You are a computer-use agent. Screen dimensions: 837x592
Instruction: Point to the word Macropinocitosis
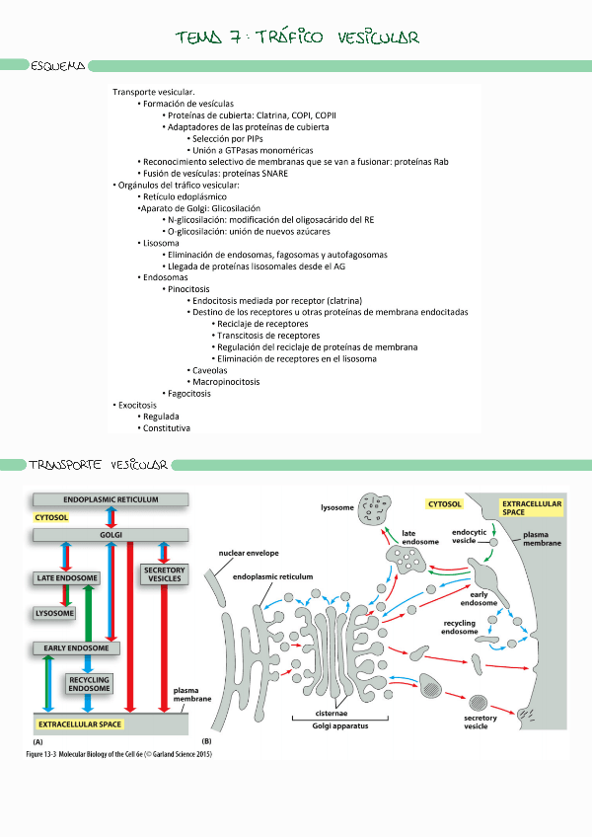tap(226, 382)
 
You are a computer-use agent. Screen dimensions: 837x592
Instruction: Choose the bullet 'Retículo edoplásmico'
tap(186, 196)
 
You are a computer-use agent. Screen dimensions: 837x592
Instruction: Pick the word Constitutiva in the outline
tap(166, 428)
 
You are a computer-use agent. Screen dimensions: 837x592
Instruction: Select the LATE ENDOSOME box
tap(66, 577)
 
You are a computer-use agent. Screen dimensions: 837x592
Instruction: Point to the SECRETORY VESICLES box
tap(164, 574)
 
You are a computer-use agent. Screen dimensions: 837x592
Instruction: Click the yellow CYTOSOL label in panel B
tap(444, 503)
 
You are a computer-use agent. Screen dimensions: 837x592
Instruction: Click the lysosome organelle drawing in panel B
tap(375, 507)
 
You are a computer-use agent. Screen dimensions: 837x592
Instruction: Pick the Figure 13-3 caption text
tap(119, 755)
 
